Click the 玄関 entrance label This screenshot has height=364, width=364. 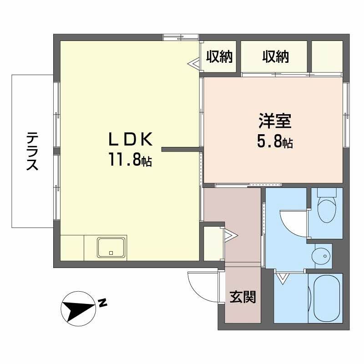pos(242,297)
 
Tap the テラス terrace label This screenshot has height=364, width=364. pos(31,151)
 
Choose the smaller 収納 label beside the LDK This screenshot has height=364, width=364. pos(219,56)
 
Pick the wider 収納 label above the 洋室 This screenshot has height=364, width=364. pos(275,56)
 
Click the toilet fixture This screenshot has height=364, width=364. pos(326,208)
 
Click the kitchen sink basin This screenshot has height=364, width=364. pos(111,248)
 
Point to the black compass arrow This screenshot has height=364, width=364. pos(77,308)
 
